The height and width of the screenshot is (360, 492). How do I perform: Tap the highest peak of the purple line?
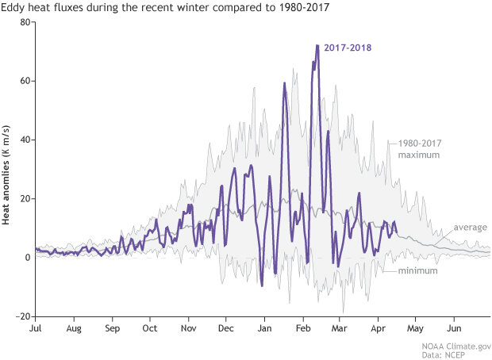click(x=317, y=46)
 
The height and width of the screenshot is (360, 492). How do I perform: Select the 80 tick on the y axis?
click(x=25, y=22)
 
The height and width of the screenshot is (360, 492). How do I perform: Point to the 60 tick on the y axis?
click(x=25, y=81)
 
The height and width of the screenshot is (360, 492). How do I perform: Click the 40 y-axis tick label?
click(x=25, y=140)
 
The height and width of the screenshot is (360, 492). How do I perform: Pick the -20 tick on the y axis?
click(x=23, y=316)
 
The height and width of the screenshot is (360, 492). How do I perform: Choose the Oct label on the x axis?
click(x=149, y=327)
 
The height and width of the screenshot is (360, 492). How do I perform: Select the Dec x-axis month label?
click(x=226, y=327)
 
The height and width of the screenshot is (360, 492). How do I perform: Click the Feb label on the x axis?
click(x=304, y=327)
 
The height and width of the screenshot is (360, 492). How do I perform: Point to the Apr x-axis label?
click(x=378, y=327)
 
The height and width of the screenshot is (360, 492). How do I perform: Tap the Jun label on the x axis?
click(x=455, y=327)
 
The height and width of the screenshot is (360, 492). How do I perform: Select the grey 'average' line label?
click(x=469, y=228)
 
